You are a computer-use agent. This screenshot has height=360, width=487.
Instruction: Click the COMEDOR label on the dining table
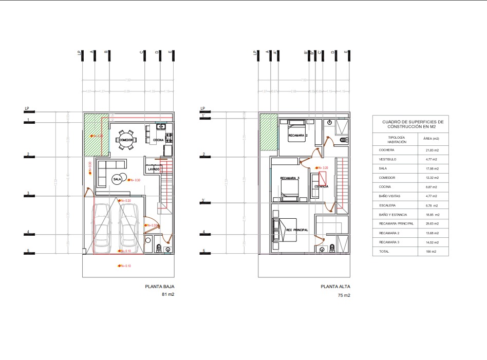pyautogui.click(x=126, y=140)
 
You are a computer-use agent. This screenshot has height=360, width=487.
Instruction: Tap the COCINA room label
pyautogui.click(x=159, y=140)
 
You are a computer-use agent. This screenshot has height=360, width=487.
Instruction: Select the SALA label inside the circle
pyautogui.click(x=117, y=179)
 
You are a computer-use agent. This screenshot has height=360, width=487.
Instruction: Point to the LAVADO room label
pyautogui.click(x=154, y=169)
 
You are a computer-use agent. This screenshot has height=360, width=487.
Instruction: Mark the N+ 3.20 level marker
pyautogui.click(x=323, y=168)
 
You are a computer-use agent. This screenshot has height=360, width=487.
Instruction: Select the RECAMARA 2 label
pyautogui.click(x=298, y=136)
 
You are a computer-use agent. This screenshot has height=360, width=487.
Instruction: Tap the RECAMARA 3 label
pyautogui.click(x=290, y=178)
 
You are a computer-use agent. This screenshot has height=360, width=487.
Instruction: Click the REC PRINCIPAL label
pyautogui.click(x=297, y=230)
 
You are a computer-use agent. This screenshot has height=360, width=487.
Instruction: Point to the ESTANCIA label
pyautogui.click(x=322, y=186)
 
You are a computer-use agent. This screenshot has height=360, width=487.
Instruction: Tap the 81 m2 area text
pyautogui.click(x=168, y=295)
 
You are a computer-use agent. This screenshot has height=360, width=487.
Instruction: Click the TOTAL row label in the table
pyautogui.click(x=384, y=252)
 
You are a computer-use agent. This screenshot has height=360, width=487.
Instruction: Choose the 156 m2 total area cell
pyautogui.click(x=431, y=252)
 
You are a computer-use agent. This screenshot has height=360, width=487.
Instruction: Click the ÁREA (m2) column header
pyautogui.click(x=430, y=139)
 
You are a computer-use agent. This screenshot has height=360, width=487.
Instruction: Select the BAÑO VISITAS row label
pyautogui.click(x=389, y=196)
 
